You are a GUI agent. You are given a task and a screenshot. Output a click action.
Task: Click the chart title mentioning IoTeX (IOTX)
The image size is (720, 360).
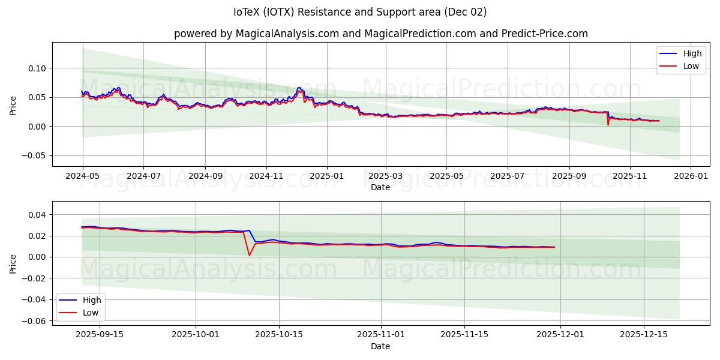(360, 12)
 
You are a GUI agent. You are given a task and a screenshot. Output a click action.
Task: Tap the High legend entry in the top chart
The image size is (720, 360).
(692, 54)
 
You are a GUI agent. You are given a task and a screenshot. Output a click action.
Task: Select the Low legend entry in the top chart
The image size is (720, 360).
(691, 66)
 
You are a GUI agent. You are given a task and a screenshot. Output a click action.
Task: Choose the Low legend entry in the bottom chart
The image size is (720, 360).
(91, 313)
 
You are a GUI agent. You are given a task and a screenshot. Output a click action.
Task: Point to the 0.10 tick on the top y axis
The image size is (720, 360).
(37, 68)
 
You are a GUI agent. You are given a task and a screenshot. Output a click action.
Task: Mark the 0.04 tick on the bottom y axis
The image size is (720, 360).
(37, 215)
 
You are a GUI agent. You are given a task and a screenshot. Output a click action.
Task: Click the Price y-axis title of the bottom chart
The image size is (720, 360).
(13, 263)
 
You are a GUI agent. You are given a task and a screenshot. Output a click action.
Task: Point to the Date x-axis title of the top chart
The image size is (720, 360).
(380, 187)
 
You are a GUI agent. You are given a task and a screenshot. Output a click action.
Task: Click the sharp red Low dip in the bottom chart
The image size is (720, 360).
(249, 255)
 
